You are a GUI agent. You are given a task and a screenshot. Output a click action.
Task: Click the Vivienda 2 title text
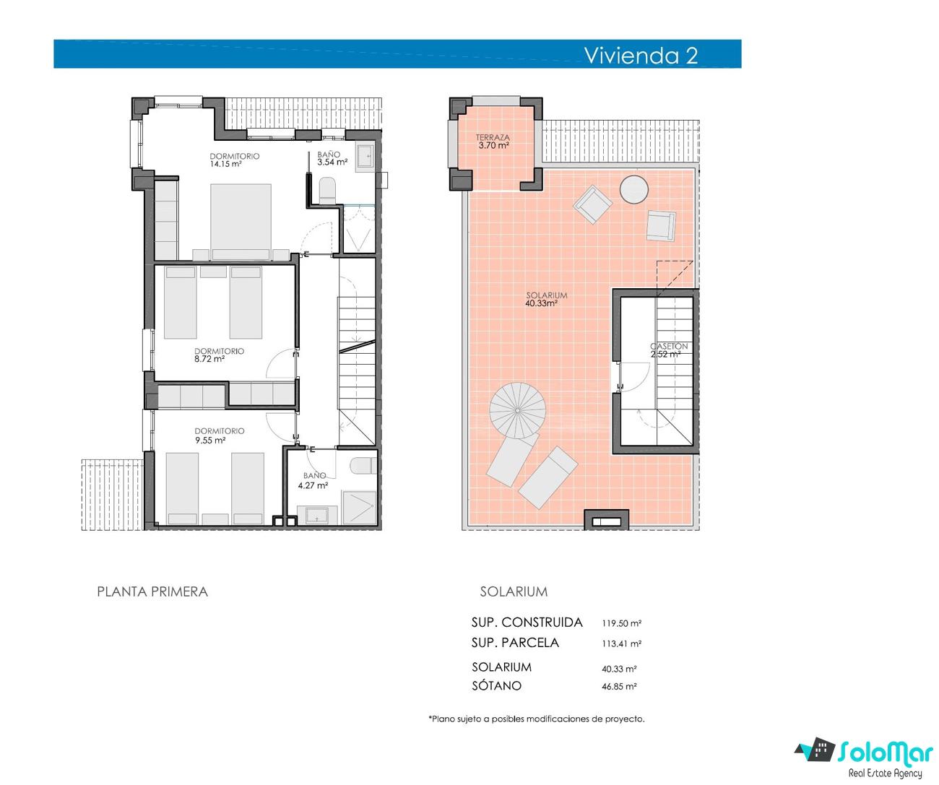tap(641, 56)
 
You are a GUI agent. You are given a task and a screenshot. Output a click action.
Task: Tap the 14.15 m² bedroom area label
tap(234, 160)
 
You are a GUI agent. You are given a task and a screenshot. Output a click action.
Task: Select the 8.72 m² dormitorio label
tap(219, 355)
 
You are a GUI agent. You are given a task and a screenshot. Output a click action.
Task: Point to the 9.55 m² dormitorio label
tap(220, 435)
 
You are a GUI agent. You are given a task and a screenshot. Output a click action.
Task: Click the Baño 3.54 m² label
tap(332, 158)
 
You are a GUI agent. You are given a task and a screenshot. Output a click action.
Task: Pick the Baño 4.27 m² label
tap(313, 480)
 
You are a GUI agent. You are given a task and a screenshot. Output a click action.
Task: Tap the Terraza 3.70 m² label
tap(493, 141)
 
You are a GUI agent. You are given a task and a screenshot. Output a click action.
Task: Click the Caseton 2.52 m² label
tap(669, 350)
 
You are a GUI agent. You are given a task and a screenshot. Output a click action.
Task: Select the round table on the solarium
tap(633, 189)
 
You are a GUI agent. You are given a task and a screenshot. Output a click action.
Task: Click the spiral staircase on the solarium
tap(517, 410)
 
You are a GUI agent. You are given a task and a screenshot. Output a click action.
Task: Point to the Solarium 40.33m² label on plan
tap(546, 299)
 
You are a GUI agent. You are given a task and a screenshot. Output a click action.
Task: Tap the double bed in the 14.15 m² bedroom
tap(241, 222)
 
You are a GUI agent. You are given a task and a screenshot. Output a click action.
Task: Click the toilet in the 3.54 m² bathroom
tap(327, 190)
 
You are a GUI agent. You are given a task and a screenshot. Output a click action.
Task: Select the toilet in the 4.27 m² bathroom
tap(363, 466)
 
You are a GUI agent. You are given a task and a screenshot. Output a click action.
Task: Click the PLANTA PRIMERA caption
tap(152, 591)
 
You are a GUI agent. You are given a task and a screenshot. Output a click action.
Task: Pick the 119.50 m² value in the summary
tap(621, 623)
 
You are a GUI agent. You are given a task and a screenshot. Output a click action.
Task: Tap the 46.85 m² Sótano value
tap(619, 686)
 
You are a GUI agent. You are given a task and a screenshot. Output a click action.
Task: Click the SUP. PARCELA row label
tap(516, 643)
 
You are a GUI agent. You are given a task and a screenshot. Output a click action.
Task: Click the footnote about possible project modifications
tap(537, 719)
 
